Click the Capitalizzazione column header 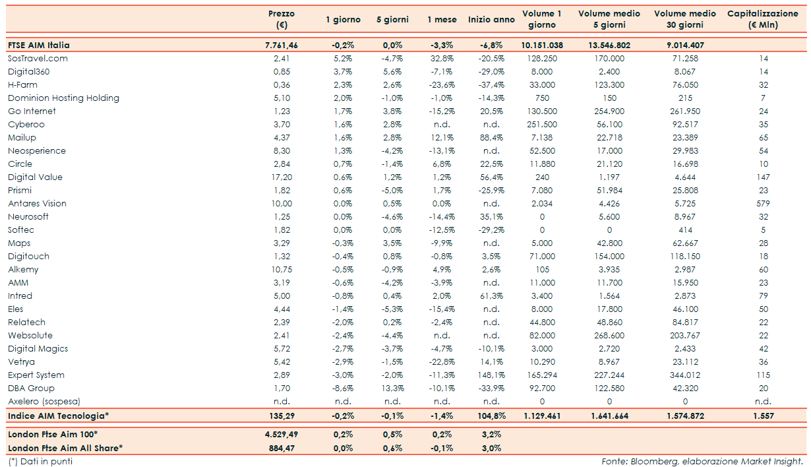(x=763, y=19)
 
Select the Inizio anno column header (x=491, y=20)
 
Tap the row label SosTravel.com (x=38, y=58)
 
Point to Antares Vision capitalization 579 (x=763, y=203)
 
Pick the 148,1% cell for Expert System (x=491, y=375)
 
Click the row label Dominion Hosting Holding (x=63, y=98)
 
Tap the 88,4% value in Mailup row (x=491, y=137)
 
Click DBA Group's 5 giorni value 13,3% (x=392, y=388)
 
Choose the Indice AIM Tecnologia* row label (x=58, y=416)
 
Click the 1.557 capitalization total (x=763, y=416)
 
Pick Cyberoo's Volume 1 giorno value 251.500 (x=541, y=124)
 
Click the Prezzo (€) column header (x=282, y=19)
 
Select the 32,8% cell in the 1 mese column (x=442, y=58)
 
